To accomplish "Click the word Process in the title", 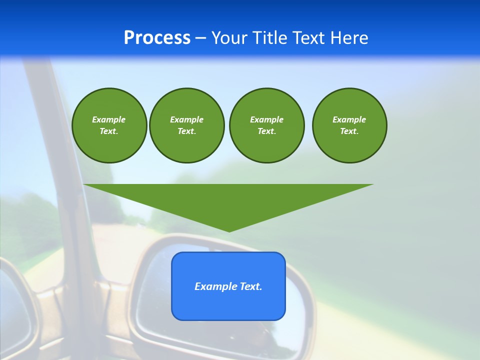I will tap(157, 38).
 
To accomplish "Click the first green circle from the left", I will tap(109, 125).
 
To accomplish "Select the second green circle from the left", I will tap(187, 125).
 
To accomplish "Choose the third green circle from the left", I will tap(266, 125).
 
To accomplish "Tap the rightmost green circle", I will tap(349, 125).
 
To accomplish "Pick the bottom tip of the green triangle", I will tap(229, 231).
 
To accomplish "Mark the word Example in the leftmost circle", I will tap(109, 119).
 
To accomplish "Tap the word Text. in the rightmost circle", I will tap(349, 131).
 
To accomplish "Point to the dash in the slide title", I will tap(200, 38).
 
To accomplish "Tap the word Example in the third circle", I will tap(266, 119).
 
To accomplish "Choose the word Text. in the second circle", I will tap(187, 131).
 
